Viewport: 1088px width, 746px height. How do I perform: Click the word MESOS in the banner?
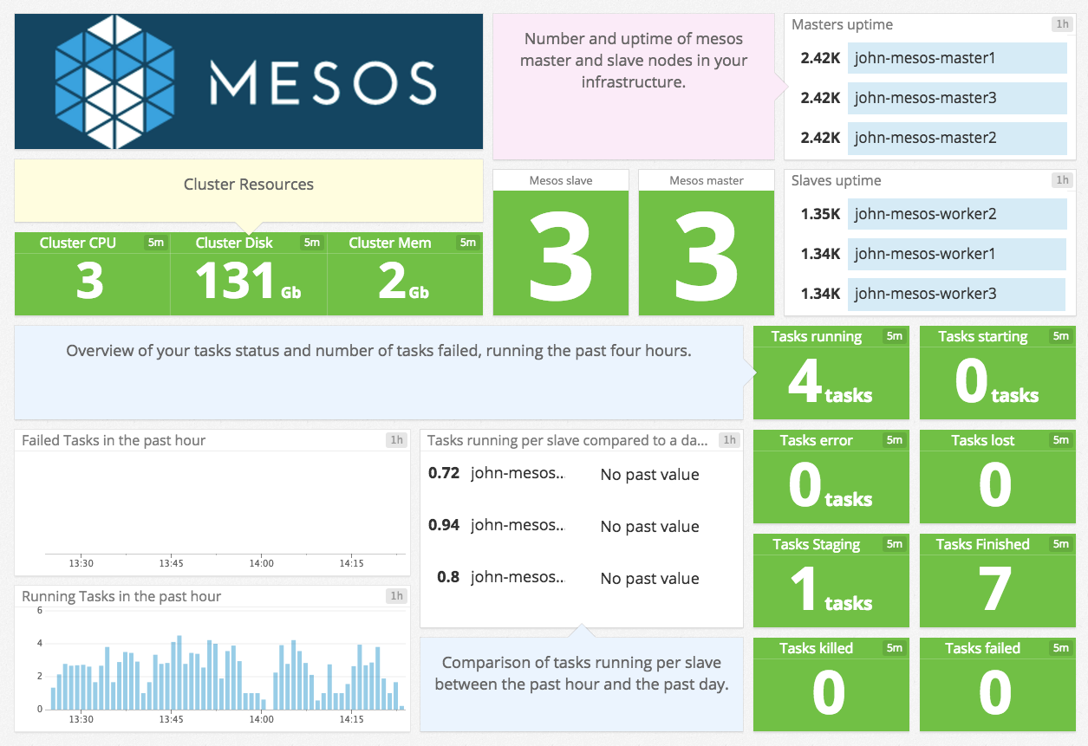[x=322, y=83]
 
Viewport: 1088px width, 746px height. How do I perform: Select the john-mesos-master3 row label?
[x=925, y=98]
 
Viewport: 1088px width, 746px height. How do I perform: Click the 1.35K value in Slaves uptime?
[x=820, y=214]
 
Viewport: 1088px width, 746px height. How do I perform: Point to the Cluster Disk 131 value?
[x=235, y=282]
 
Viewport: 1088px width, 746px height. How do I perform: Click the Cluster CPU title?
[x=78, y=243]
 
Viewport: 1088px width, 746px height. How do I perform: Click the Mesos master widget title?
[x=706, y=180]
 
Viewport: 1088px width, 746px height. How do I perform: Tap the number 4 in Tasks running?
[x=805, y=382]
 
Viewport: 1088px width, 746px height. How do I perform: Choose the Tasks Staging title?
[x=816, y=544]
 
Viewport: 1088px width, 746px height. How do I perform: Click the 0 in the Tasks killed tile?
[x=829, y=694]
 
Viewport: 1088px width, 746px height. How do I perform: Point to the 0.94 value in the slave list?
[x=444, y=525]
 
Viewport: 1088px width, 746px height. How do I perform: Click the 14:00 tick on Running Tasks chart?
[x=261, y=719]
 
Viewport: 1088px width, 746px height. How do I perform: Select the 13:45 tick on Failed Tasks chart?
[x=171, y=563]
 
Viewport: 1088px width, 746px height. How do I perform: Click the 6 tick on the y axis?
[x=39, y=611]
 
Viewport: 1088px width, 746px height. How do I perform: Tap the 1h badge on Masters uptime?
[x=1061, y=24]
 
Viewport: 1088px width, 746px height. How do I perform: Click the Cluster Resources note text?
[x=249, y=185]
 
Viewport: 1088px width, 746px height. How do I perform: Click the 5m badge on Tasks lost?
[x=1061, y=440]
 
